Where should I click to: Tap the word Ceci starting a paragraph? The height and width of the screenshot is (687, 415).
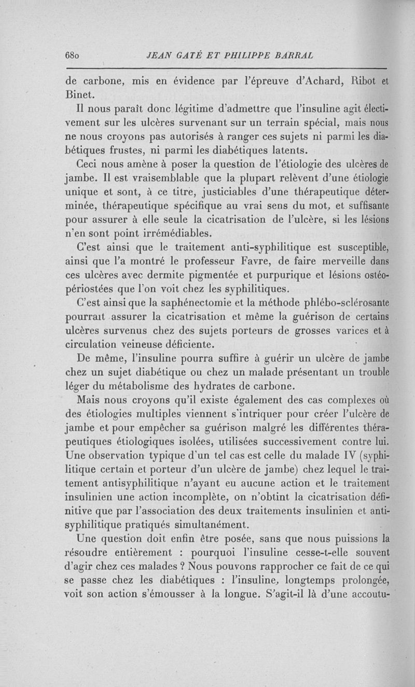[x=87, y=165]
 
